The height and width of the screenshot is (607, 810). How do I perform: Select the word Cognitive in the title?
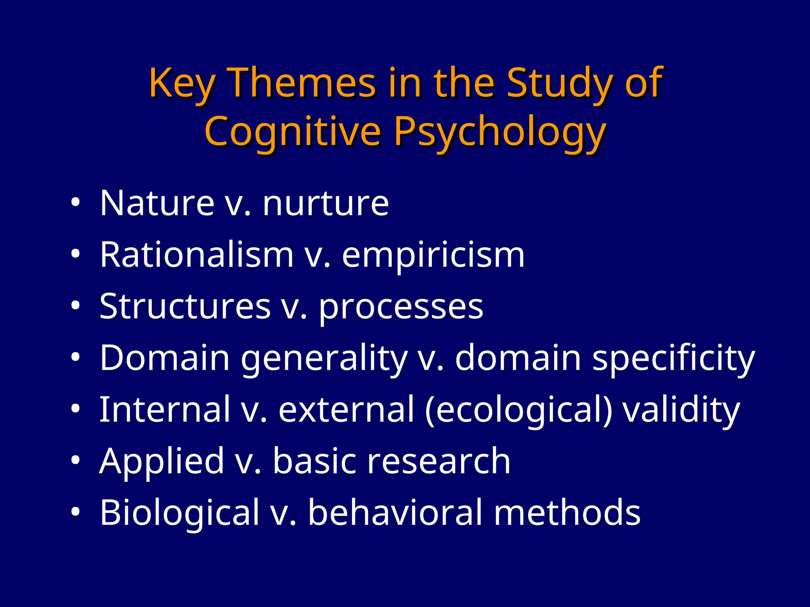[293, 131]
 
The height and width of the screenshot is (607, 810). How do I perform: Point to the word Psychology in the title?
[500, 132]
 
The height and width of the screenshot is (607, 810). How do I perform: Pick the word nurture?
[326, 204]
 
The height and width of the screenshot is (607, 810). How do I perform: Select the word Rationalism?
[197, 254]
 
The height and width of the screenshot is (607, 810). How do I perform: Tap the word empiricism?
[433, 255]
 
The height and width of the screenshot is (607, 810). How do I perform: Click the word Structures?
[185, 306]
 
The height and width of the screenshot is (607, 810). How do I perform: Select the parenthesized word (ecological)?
[519, 410]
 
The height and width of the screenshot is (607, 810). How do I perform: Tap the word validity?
[681, 410]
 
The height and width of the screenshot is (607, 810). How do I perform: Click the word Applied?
[162, 461]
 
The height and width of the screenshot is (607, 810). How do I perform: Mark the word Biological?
[180, 513]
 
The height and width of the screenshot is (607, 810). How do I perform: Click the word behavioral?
[396, 513]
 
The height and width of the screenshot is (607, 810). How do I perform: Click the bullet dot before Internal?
[76, 409]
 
